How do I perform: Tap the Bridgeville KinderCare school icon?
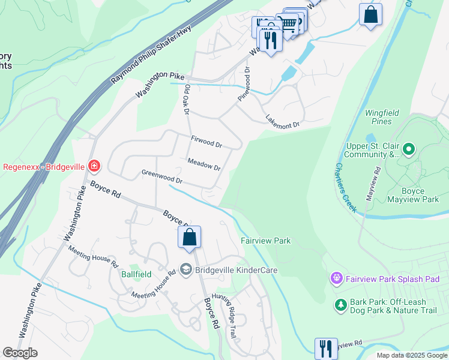186,270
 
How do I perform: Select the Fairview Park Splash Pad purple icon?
336,278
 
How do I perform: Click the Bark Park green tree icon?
341,305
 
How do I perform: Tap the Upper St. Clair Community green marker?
409,148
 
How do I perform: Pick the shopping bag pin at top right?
370,14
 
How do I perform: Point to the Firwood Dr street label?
206,142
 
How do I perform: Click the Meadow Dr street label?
203,164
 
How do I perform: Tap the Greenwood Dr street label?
161,176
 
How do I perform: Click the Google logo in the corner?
20,353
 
